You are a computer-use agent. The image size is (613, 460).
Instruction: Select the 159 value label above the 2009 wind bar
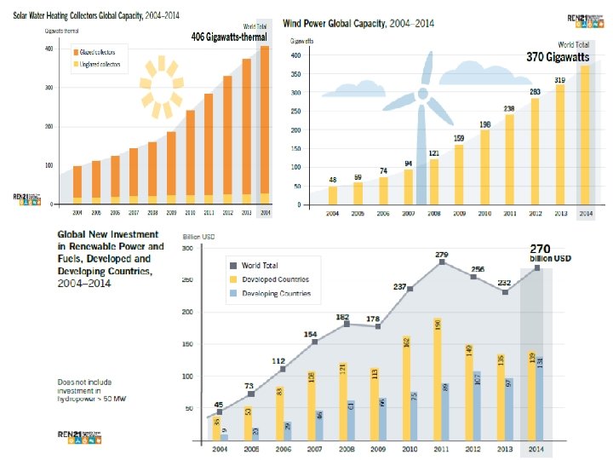pyautogui.click(x=459, y=138)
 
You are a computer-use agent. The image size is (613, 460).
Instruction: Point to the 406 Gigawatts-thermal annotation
pyautogui.click(x=229, y=37)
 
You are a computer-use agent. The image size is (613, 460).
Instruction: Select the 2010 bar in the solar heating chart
pyautogui.click(x=189, y=158)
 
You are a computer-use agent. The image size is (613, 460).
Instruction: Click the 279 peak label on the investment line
pyautogui.click(x=441, y=255)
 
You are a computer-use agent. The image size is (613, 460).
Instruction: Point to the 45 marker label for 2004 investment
pyautogui.click(x=220, y=405)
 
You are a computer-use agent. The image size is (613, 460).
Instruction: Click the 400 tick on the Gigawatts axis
pyautogui.click(x=295, y=55)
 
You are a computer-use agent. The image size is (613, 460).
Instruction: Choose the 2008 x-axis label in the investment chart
pyautogui.click(x=346, y=448)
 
